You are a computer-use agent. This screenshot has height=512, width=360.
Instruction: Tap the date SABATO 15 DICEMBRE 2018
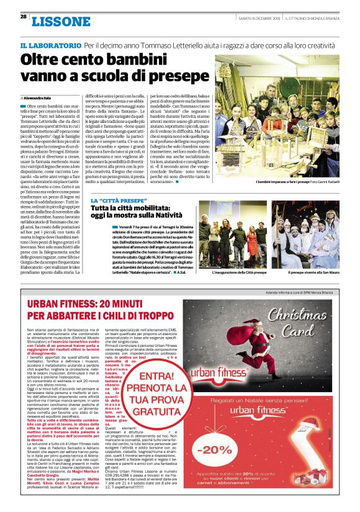click(x=259, y=17)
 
